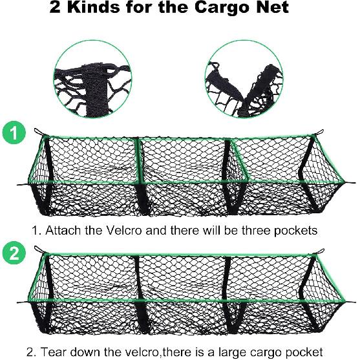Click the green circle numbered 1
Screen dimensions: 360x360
tap(14, 134)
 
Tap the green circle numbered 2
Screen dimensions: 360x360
tap(14, 254)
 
